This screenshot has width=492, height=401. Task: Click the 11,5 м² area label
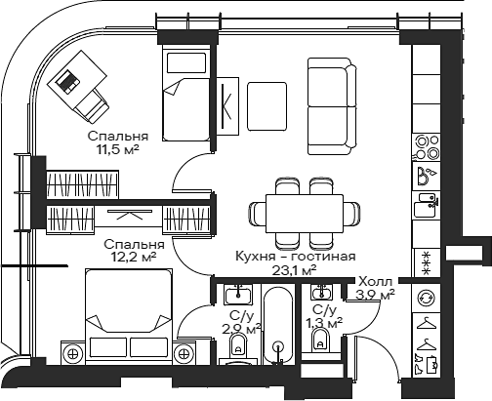[x=116, y=151]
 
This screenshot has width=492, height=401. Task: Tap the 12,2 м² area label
[x=134, y=258]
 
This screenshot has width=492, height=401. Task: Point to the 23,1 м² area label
[x=294, y=270]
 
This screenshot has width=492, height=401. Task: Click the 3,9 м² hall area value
[x=376, y=293]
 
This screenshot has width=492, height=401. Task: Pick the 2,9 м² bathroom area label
[x=242, y=329]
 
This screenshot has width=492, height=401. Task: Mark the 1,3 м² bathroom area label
[x=323, y=322]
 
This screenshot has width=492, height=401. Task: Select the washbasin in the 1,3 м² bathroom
[x=320, y=292]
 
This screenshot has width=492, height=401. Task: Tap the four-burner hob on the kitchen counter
[x=426, y=146]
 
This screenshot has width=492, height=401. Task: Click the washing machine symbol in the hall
[x=426, y=298]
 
